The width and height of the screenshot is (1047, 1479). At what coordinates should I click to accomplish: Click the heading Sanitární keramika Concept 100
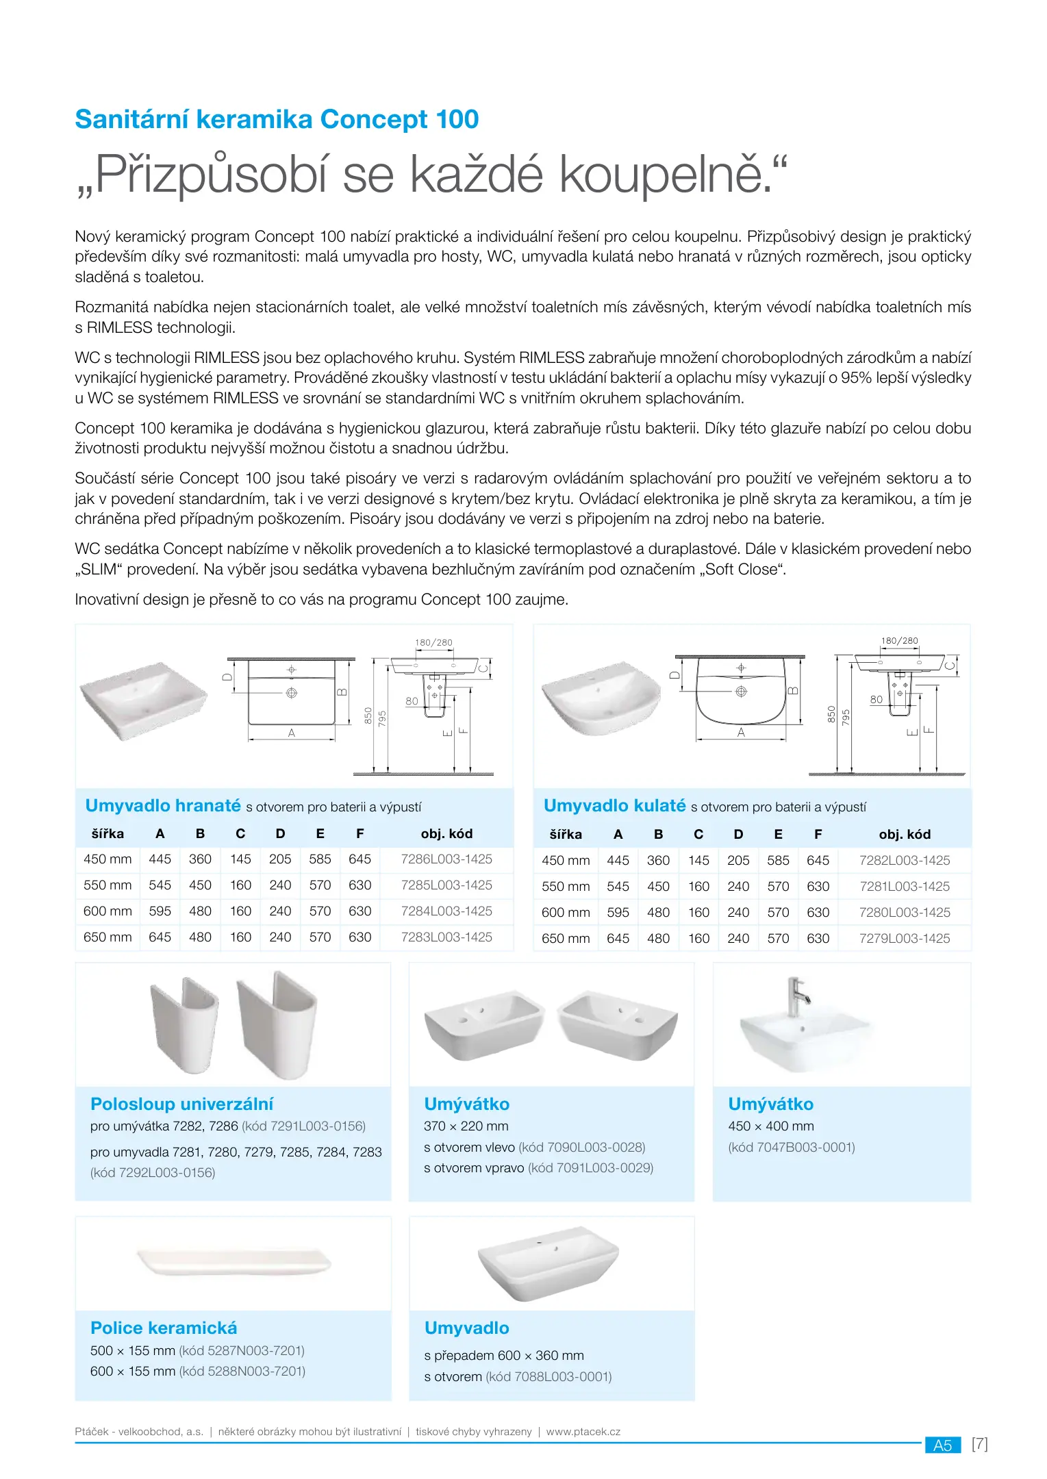coord(277,119)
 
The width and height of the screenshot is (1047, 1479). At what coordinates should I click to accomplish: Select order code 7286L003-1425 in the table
coord(446,859)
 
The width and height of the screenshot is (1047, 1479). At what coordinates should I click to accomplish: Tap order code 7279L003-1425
coord(905,938)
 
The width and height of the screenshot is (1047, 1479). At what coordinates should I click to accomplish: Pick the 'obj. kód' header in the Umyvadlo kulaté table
coord(905,834)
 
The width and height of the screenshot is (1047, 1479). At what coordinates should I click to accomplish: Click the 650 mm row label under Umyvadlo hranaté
coord(108,937)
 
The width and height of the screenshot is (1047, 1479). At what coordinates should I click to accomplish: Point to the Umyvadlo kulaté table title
coord(614,806)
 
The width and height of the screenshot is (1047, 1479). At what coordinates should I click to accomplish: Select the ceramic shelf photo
coord(234,1262)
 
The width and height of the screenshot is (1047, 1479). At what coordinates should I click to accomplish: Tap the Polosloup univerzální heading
coord(181,1104)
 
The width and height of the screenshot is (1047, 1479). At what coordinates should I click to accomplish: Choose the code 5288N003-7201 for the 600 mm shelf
coord(242,1371)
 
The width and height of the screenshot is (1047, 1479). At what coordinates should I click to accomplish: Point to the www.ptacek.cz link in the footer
coord(583,1431)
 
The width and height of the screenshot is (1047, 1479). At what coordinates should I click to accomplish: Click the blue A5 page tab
coord(942,1445)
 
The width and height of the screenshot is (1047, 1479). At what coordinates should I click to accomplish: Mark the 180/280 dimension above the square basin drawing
coord(433,643)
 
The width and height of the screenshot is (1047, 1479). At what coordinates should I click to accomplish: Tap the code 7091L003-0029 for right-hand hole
coord(590,1167)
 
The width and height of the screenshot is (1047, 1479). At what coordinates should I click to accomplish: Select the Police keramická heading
coord(164,1328)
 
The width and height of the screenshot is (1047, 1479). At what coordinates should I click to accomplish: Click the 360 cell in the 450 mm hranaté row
coord(200,859)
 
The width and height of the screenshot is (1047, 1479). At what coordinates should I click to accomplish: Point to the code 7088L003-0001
coord(548,1376)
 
